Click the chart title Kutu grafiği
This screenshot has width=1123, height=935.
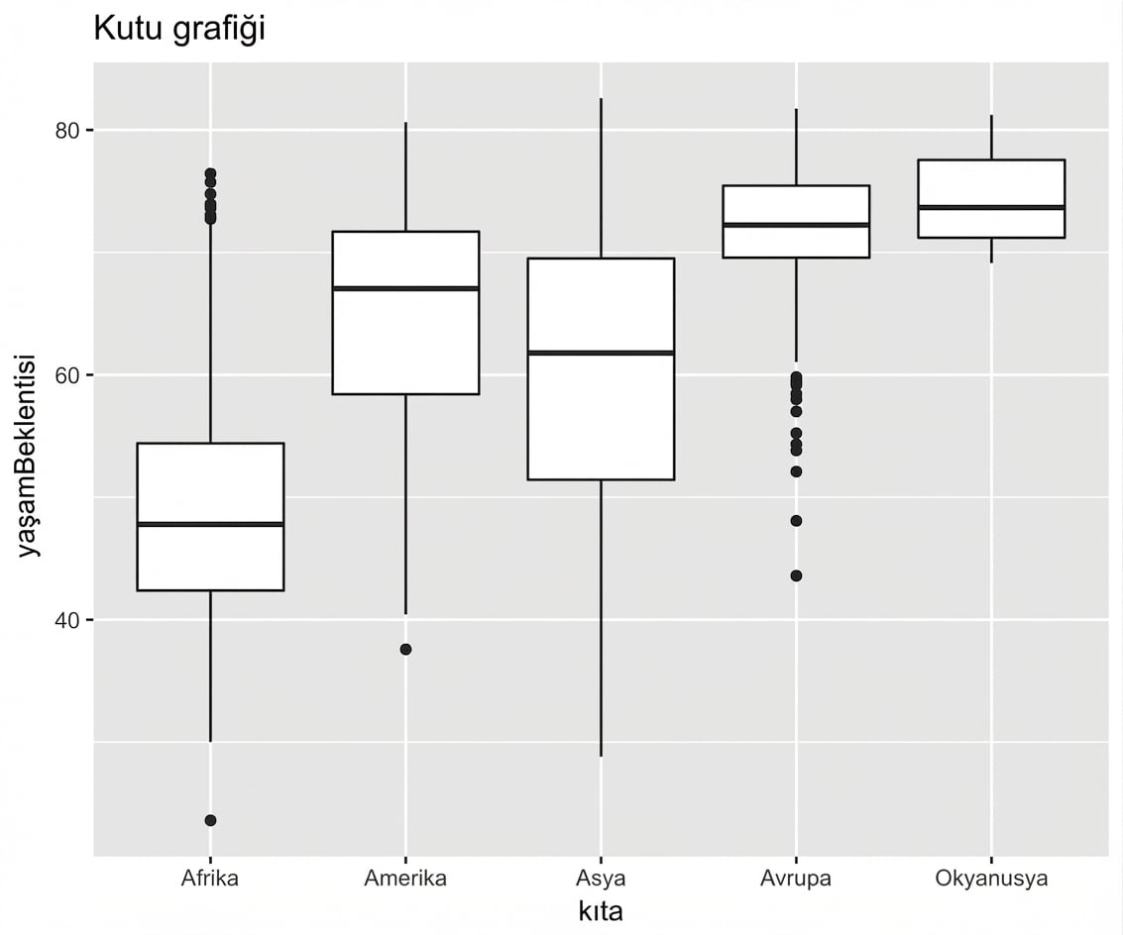pyautogui.click(x=178, y=30)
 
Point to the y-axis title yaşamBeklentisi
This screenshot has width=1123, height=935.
pyautogui.click(x=31, y=455)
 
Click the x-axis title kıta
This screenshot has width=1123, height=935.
pyautogui.click(x=600, y=911)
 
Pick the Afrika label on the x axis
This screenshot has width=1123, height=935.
pyautogui.click(x=210, y=879)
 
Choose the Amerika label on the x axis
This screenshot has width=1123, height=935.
pyautogui.click(x=405, y=879)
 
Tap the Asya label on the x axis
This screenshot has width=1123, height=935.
pyautogui.click(x=601, y=879)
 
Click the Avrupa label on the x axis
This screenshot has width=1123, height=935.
pyautogui.click(x=796, y=879)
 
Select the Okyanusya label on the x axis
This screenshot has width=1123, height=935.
pyautogui.click(x=991, y=879)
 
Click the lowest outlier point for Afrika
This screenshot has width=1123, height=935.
pyautogui.click(x=210, y=820)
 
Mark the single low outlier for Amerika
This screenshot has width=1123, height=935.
pyautogui.click(x=405, y=650)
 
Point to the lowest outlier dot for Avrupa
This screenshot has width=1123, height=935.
pyautogui.click(x=796, y=575)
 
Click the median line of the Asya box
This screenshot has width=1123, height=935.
pyautogui.click(x=601, y=353)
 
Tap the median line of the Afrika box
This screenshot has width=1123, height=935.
pyautogui.click(x=210, y=524)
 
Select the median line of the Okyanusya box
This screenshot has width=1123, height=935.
pyautogui.click(x=991, y=207)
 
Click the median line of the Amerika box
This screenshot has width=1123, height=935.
pyautogui.click(x=405, y=288)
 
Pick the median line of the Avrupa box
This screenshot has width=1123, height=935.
pyautogui.click(x=796, y=225)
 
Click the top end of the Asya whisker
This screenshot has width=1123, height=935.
pyautogui.click(x=601, y=99)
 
